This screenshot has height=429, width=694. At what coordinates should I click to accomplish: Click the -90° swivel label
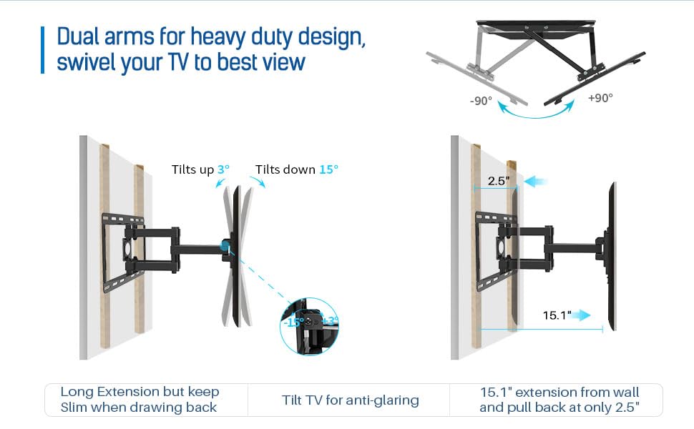click(x=481, y=100)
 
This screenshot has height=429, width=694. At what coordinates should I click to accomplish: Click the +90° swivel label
click(x=600, y=98)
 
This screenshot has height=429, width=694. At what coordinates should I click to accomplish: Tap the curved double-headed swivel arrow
click(x=537, y=109)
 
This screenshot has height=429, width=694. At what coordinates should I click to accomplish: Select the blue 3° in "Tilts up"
click(x=224, y=169)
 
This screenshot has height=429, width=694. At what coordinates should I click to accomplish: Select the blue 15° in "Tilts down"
click(x=328, y=169)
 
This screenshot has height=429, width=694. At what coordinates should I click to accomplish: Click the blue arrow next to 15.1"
click(x=584, y=315)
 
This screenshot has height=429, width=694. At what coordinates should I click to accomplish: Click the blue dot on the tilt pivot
click(x=226, y=245)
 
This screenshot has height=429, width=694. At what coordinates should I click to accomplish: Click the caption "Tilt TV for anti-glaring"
click(x=351, y=400)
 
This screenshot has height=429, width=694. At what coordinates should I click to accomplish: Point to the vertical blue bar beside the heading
click(x=42, y=49)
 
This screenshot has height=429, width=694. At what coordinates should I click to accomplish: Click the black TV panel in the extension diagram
click(x=612, y=257)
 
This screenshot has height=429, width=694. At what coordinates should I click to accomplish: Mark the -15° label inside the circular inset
click(x=293, y=322)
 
